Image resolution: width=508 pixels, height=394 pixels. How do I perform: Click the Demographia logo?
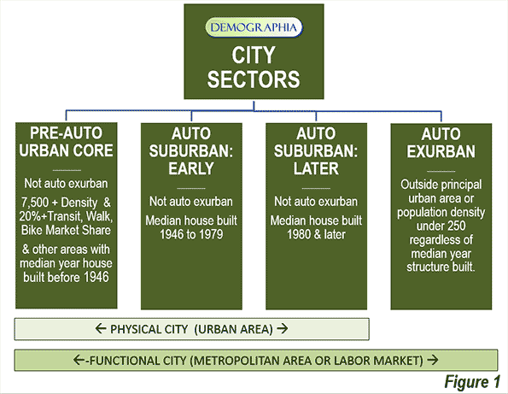coord(254,27)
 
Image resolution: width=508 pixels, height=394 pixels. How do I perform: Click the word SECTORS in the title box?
coord(254,79)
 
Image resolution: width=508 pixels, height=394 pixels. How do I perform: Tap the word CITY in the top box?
coord(254,56)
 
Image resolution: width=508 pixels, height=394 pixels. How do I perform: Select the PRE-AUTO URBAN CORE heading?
coord(66,142)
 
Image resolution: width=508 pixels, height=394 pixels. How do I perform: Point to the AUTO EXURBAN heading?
coord(441,143)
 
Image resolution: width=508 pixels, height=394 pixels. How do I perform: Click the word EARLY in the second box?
coord(191,168)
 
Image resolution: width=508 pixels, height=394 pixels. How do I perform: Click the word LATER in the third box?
coord(316,168)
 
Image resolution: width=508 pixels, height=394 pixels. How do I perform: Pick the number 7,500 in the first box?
coord(35,203)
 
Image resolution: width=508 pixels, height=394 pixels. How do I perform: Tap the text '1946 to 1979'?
coord(191,234)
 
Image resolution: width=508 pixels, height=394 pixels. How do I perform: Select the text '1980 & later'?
coord(316,234)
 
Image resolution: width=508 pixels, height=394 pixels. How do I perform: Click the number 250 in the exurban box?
coord(456,226)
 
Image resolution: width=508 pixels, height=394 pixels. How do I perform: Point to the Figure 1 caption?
coord(472,381)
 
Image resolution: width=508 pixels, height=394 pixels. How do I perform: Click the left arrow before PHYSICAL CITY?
coord(101,329)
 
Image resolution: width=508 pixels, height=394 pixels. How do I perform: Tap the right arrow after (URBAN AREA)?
coord(283,329)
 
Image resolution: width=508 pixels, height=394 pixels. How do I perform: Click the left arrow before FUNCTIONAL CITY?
coord(79,360)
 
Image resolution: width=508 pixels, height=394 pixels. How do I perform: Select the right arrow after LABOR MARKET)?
coord(433,360)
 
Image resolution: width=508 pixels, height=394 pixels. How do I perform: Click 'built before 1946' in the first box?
coord(66,278)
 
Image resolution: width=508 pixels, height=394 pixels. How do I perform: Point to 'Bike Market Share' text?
coord(66,230)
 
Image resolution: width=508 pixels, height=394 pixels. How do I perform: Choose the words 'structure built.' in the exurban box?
coord(441,268)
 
